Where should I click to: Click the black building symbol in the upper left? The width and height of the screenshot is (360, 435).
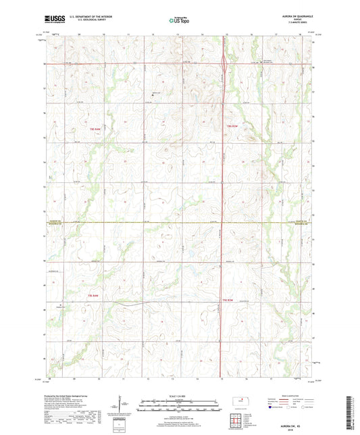click(152, 95)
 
